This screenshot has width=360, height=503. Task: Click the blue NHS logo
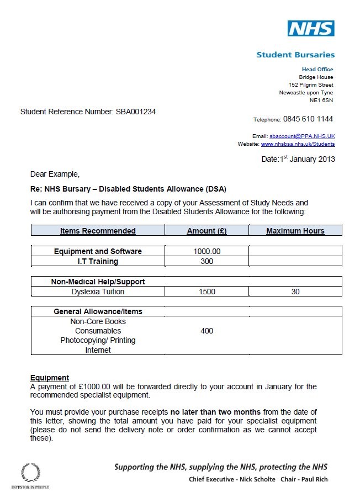point(310,28)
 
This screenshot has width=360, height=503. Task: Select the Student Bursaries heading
point(295,55)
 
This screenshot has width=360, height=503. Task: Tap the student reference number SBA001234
point(135,112)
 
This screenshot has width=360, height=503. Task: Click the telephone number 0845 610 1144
point(308,119)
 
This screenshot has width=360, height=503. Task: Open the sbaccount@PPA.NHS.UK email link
point(302,136)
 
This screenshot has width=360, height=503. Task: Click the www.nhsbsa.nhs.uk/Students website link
point(298,144)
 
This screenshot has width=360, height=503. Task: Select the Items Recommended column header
point(98,231)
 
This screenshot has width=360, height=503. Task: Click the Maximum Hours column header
point(295,231)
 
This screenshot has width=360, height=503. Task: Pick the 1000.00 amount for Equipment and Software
point(207,251)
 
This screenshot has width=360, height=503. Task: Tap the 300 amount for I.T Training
point(207,261)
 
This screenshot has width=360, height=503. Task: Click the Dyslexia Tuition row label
point(98,292)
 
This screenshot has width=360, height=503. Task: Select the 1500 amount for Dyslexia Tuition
point(207,292)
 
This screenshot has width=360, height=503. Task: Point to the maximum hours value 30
point(295,292)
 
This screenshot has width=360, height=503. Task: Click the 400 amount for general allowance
point(207,331)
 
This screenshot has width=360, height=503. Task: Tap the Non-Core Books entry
point(98,321)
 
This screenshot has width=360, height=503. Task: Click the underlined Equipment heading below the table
point(49,378)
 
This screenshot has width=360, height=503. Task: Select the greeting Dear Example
point(55,174)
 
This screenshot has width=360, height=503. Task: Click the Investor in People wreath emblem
point(30,473)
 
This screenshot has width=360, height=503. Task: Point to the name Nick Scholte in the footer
point(256,479)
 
